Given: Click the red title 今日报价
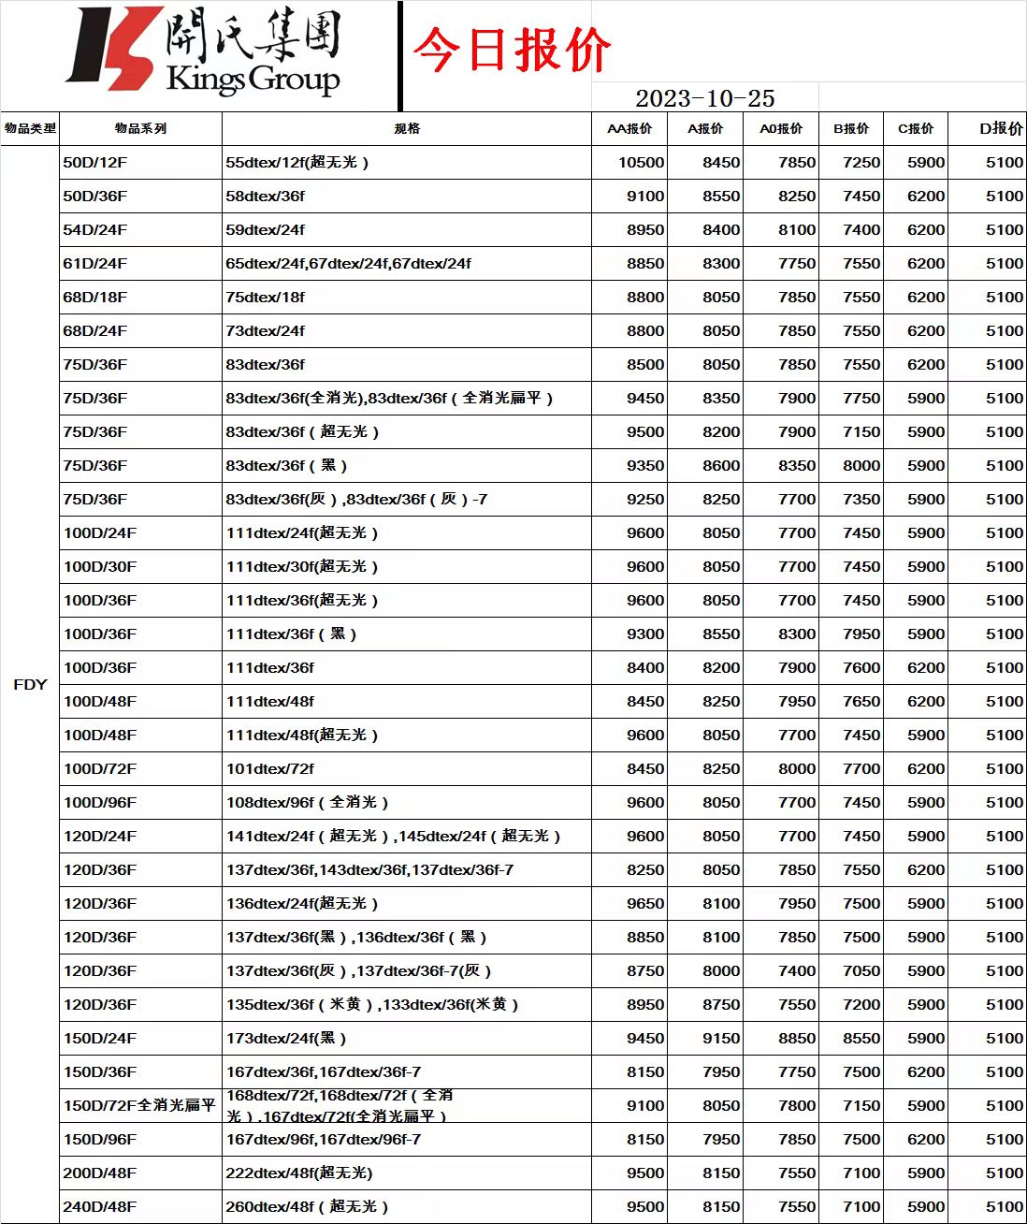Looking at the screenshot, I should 512,50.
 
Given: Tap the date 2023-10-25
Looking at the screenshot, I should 704,98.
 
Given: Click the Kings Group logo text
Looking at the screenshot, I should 253,79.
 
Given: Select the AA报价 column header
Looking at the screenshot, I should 629,128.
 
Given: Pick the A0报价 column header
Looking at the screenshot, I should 781,128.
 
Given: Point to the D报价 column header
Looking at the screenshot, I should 1001,128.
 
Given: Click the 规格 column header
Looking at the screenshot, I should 407,128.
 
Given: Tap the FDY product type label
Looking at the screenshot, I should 30,684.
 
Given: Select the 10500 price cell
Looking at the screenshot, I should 641,162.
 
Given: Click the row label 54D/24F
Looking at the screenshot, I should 95,229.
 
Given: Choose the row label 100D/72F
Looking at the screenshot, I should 100,768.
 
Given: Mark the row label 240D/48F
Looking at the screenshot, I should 100,1206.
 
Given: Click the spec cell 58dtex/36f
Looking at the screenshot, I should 266,196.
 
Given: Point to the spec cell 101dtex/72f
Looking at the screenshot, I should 270,768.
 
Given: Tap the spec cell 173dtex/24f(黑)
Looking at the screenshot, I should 286,1038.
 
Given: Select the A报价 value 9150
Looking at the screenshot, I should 721,1038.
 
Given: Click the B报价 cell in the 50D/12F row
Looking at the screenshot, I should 861,162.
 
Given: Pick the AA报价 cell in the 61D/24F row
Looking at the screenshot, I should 645,263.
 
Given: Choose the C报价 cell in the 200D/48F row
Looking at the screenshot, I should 925,1173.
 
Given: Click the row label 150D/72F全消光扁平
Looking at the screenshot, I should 139,1105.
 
